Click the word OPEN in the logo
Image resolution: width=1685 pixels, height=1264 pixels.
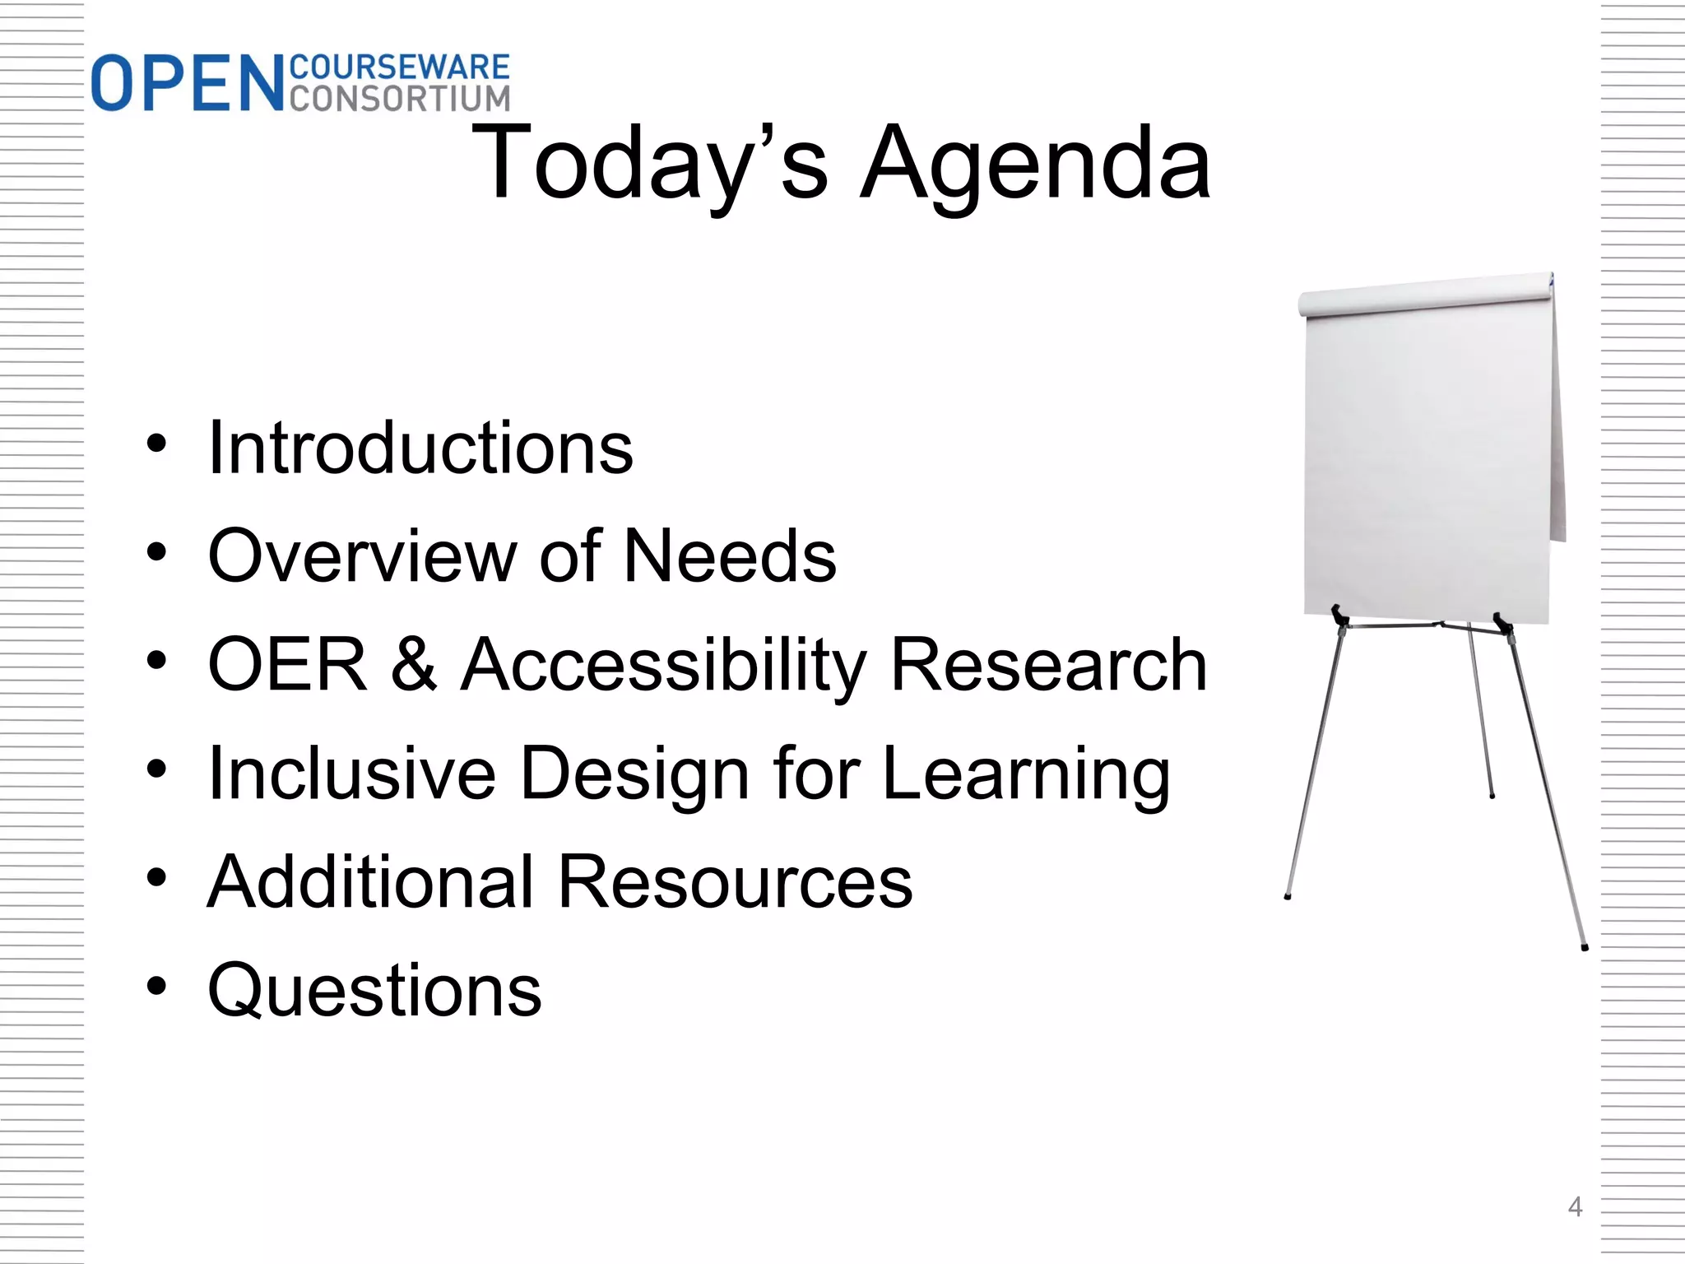coord(188,84)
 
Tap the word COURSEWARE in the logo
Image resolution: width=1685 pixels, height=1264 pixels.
coord(400,67)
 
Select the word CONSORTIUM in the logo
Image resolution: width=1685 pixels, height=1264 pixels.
coord(400,98)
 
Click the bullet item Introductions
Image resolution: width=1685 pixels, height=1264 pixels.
coord(420,448)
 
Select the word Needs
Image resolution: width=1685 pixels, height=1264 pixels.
coord(730,556)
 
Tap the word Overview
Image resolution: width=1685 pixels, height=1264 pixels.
coord(362,556)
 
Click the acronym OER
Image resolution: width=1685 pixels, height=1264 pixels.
coord(287,665)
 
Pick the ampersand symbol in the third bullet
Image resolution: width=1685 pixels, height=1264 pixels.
coord(413,665)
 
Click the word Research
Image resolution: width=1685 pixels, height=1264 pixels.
coord(1049,665)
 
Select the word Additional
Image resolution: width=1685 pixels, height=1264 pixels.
coord(371,881)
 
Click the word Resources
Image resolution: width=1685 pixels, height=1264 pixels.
coord(735,881)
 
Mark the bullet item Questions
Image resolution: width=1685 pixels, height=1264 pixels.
coord(375,991)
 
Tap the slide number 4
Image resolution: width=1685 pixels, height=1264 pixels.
coord(1575,1207)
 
